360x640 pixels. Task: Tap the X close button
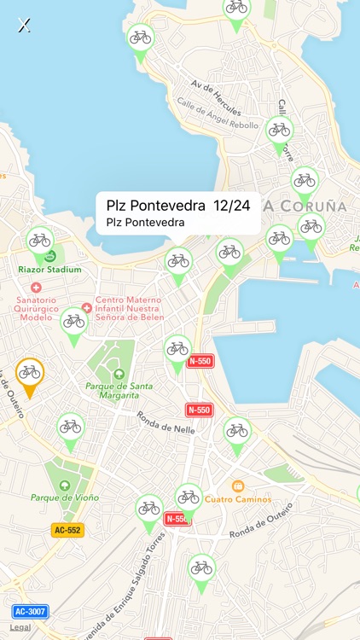click(x=25, y=25)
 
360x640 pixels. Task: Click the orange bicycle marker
click(x=30, y=373)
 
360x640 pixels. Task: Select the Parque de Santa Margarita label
click(x=119, y=391)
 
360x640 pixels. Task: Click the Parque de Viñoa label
click(x=65, y=497)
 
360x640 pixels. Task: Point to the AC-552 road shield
click(x=67, y=530)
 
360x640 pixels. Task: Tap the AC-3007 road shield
click(x=30, y=612)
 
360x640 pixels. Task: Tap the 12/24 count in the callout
click(x=232, y=206)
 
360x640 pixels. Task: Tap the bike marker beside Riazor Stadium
click(x=39, y=241)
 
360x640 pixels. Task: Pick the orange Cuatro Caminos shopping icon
click(x=238, y=486)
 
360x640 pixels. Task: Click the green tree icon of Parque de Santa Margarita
click(x=119, y=374)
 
